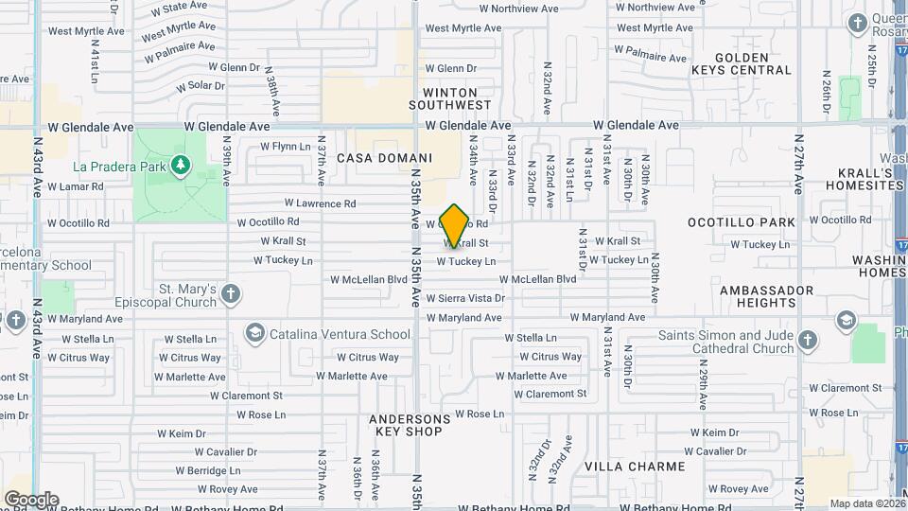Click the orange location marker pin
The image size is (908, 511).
pyautogui.click(x=455, y=225)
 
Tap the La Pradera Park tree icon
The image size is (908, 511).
pyautogui.click(x=181, y=167)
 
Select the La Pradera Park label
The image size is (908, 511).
pyautogui.click(x=120, y=167)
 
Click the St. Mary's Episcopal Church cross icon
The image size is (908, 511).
pyautogui.click(x=230, y=295)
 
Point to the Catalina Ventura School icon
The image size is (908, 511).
pyautogui.click(x=254, y=333)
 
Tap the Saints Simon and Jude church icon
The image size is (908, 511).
pyautogui.click(x=807, y=340)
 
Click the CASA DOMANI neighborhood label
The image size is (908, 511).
pyautogui.click(x=377, y=158)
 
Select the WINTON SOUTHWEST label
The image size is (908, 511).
pyautogui.click(x=451, y=98)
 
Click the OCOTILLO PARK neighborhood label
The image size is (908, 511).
pyautogui.click(x=742, y=221)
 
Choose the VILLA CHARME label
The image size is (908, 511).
pyautogui.click(x=635, y=467)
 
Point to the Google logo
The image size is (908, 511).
pyautogui.click(x=31, y=499)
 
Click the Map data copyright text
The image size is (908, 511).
pyautogui.click(x=866, y=503)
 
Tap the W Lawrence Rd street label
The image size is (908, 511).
pyautogui.click(x=320, y=203)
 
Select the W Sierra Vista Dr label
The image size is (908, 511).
pyautogui.click(x=465, y=298)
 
